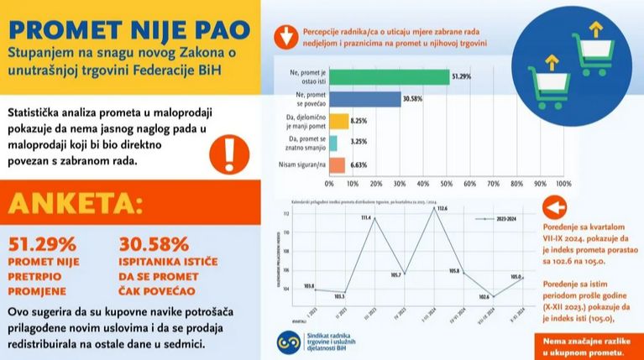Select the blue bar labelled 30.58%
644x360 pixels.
pos(364,99)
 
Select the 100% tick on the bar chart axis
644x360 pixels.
pos(563,184)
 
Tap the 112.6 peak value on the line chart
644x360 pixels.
pos(442,208)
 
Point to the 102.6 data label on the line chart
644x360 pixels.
pos(484,297)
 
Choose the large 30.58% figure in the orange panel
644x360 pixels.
pos(155,244)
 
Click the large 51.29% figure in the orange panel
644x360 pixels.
pos(42,244)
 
